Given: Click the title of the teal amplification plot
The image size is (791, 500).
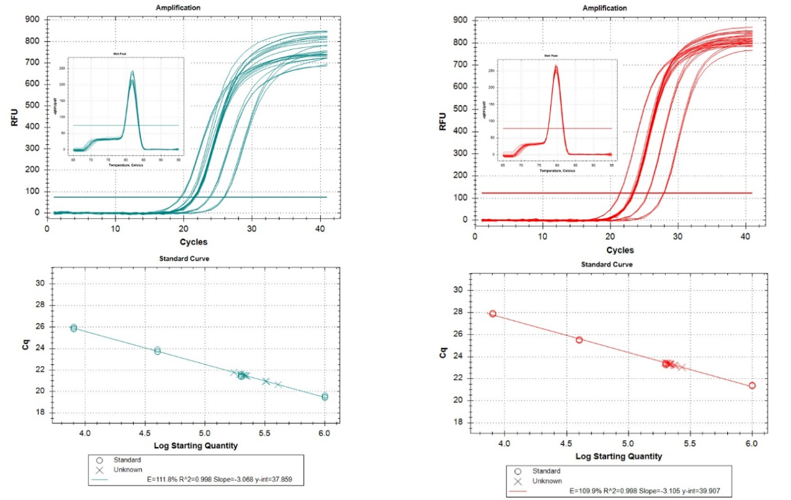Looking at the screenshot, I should pyautogui.click(x=178, y=7).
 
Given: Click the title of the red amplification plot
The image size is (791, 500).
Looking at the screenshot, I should pyautogui.click(x=604, y=8).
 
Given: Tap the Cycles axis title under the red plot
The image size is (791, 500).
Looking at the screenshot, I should pyautogui.click(x=620, y=250).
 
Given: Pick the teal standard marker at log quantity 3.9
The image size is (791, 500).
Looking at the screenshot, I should pyautogui.click(x=73, y=328).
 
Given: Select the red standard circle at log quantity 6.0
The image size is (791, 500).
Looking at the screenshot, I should pyautogui.click(x=752, y=385).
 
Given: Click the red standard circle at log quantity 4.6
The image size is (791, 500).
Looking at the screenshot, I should pyautogui.click(x=579, y=339).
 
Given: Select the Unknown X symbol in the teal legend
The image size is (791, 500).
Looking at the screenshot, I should pyautogui.click(x=100, y=469).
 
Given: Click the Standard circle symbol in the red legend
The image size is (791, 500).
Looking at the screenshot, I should pyautogui.click(x=518, y=471).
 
